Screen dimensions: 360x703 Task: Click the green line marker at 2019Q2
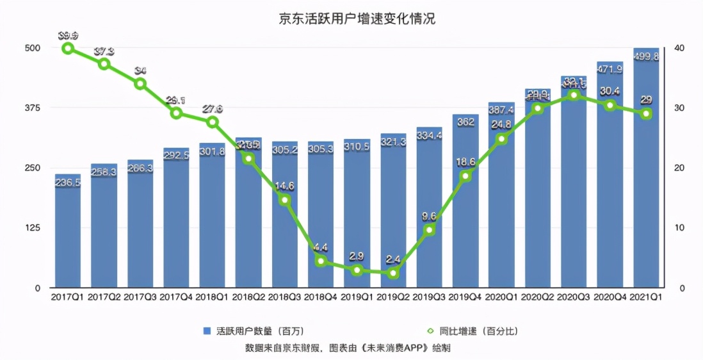tap(393, 273)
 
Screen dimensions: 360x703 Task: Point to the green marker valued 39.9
tap(68, 48)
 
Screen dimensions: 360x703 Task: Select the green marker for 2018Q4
tap(321, 261)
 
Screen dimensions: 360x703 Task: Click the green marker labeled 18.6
tap(465, 176)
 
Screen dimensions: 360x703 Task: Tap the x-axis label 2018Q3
tap(285, 297)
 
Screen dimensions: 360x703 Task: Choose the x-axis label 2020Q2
tap(538, 297)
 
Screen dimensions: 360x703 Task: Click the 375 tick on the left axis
tap(31, 108)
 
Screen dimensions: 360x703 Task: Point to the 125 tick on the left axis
tap(31, 228)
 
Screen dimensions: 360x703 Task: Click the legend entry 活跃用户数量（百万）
tap(253, 331)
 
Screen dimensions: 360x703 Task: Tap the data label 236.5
tap(68, 183)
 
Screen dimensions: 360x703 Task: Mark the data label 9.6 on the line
tap(429, 217)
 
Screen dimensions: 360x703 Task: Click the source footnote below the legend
tap(351, 347)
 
